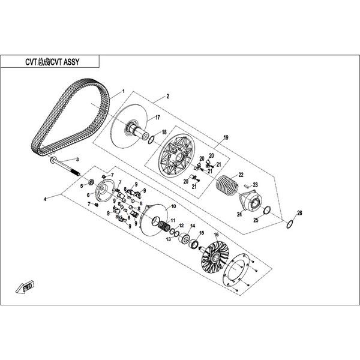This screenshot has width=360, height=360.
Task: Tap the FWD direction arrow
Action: [25, 287]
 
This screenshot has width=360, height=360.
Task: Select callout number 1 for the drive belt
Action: [123, 91]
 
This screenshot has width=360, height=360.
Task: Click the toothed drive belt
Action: [70, 117]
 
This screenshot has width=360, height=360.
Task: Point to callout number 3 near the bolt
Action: [77, 159]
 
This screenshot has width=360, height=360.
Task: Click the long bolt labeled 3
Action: [65, 167]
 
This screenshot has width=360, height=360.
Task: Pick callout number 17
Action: [157, 118]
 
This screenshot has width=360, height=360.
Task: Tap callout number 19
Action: [226, 137]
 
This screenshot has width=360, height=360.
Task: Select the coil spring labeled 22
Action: [227, 185]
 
